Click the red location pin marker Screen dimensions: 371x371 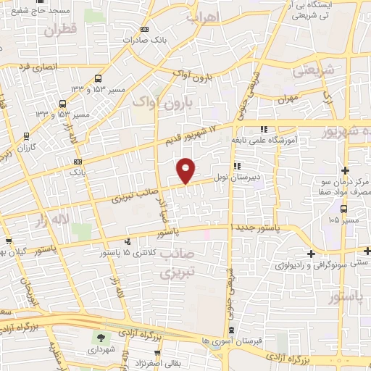point(186,170)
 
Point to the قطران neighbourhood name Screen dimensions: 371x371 point(59,30)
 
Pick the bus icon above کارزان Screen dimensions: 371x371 point(27,136)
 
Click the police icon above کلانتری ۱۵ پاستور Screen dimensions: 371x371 point(128,242)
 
